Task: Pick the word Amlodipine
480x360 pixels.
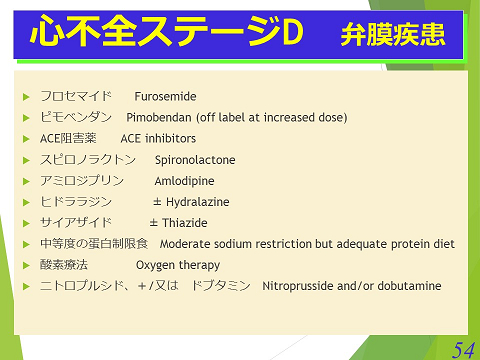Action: [185, 181]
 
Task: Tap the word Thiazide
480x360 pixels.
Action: [186, 223]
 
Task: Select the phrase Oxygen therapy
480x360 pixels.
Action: [178, 265]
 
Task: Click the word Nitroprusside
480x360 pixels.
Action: [296, 286]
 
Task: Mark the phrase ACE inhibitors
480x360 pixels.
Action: [158, 139]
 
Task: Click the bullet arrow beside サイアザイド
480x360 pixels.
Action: [27, 223]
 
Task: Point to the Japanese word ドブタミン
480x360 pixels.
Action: [220, 286]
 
